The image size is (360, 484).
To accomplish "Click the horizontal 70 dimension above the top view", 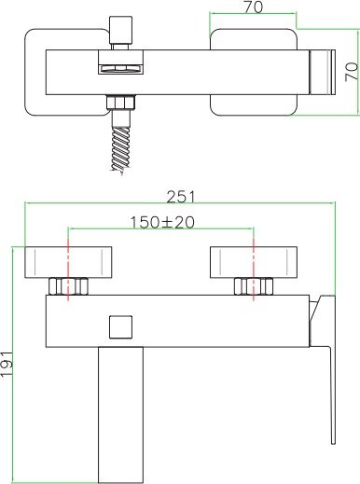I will tap(253, 7).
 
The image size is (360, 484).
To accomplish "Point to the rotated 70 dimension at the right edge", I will tap(351, 73).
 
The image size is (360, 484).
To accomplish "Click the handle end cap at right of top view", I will tap(320, 72).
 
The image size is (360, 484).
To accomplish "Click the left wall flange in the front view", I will tap(67, 263).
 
